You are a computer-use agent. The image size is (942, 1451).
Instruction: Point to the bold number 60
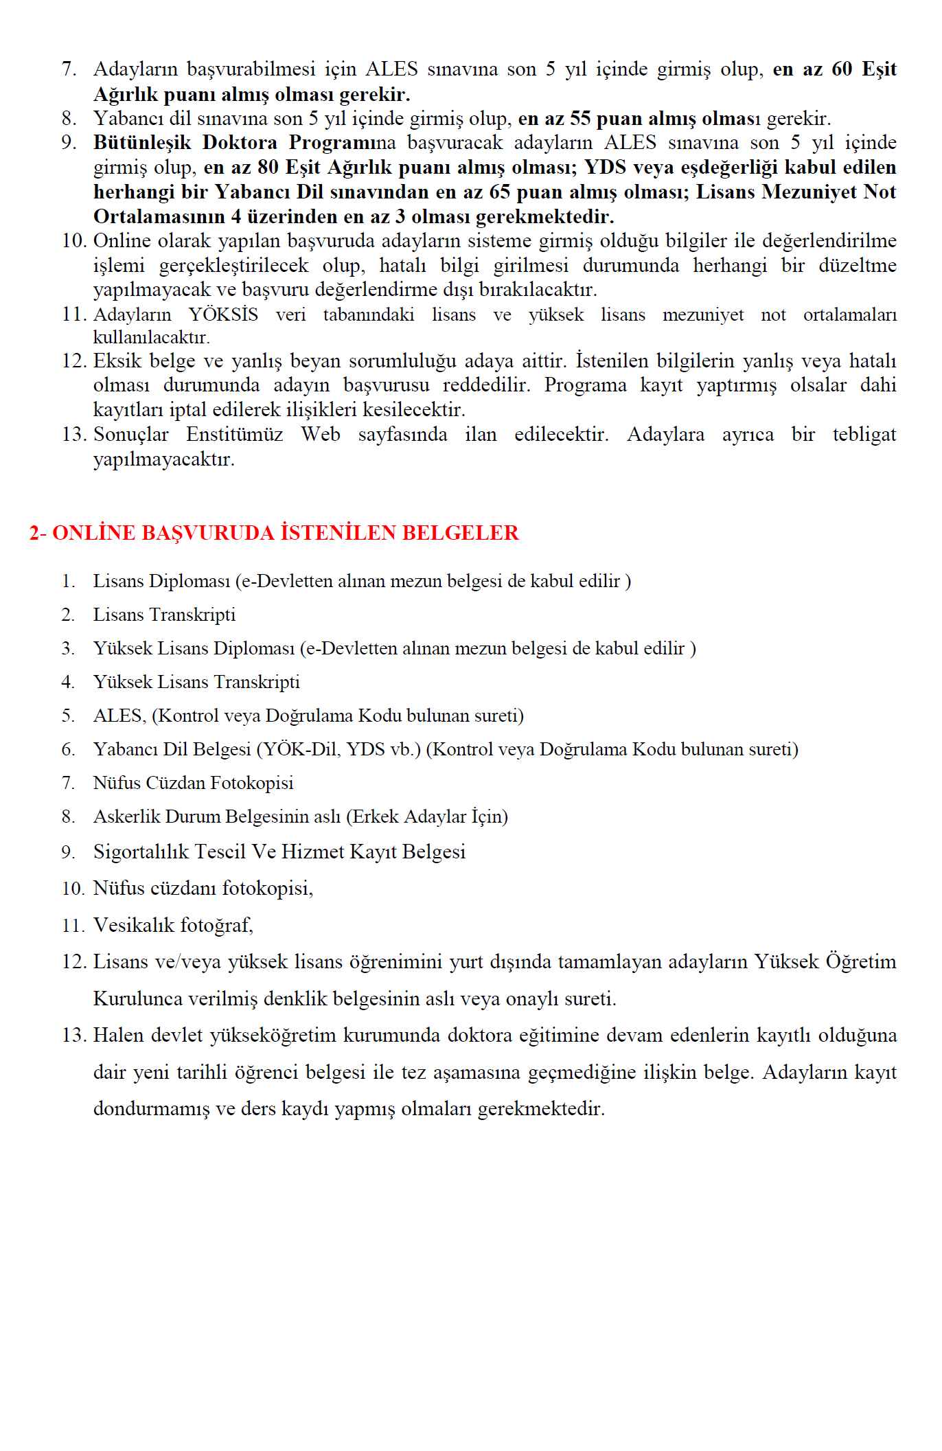[842, 69]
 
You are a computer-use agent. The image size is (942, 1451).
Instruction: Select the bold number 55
[580, 119]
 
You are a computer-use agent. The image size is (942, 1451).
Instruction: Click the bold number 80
[268, 168]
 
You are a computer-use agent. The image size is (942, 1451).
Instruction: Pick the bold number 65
[500, 192]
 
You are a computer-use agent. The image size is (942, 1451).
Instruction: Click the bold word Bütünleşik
[142, 143]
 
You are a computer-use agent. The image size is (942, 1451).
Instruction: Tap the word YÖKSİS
[223, 315]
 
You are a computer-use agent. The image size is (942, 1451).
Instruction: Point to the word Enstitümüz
[234, 435]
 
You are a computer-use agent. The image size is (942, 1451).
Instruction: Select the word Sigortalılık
[139, 852]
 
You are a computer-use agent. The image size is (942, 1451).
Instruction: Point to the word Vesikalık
[134, 926]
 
